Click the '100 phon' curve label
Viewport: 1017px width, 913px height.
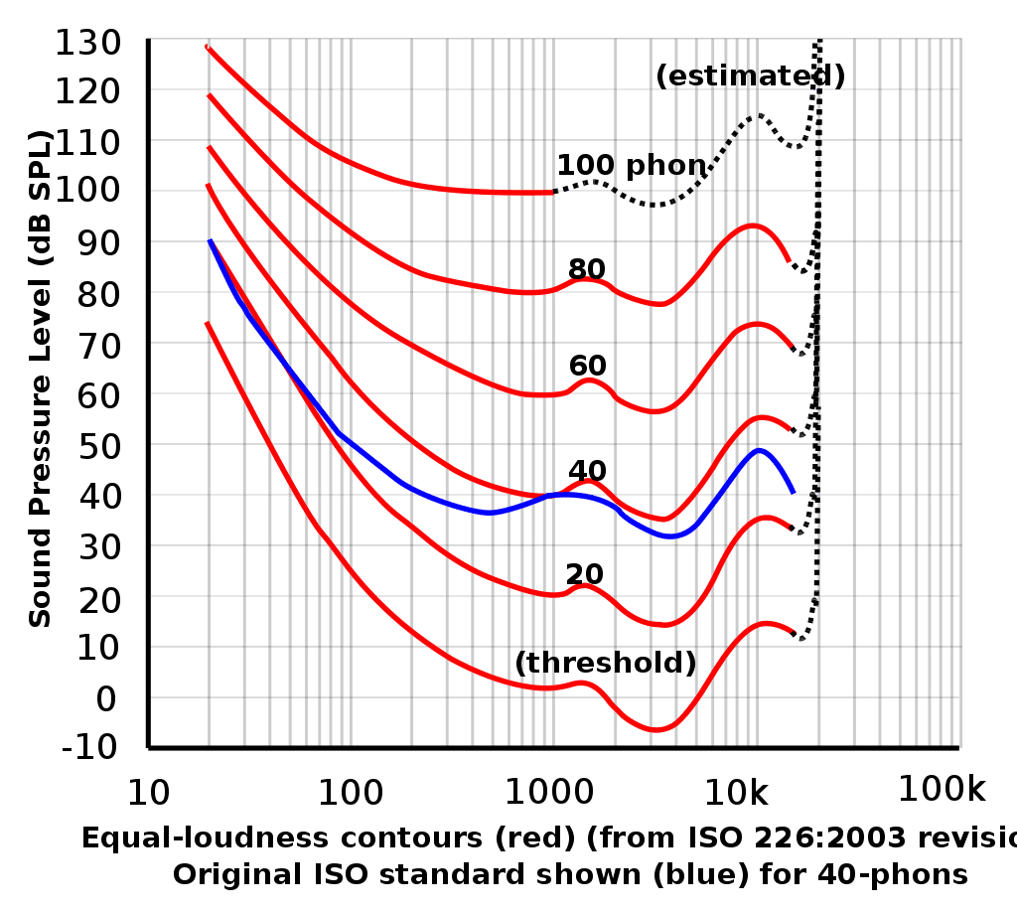[631, 166]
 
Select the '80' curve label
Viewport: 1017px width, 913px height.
[587, 269]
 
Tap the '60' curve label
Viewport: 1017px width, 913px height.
[587, 366]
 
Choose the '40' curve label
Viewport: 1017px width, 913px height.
[587, 470]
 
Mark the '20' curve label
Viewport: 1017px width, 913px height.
[586, 573]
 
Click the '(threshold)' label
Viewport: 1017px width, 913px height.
[606, 663]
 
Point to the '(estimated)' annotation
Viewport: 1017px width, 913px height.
[750, 76]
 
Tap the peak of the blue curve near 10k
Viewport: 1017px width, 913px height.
[760, 449]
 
